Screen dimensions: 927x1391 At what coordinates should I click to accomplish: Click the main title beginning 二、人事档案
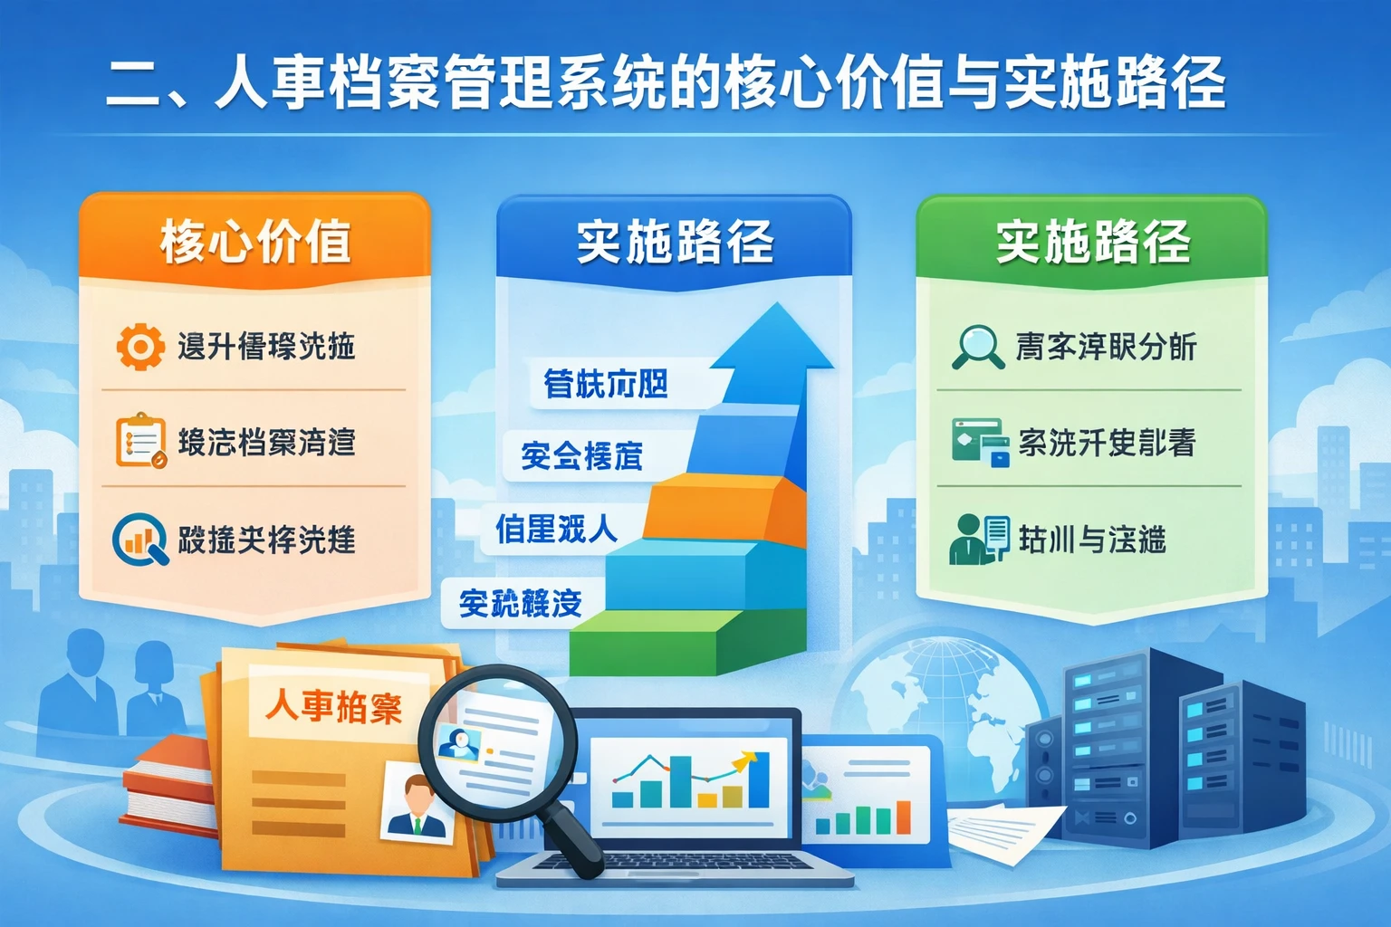pos(666,83)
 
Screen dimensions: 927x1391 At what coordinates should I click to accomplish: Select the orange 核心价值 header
pos(255,242)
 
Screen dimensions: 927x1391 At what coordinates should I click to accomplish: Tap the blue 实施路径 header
pos(675,242)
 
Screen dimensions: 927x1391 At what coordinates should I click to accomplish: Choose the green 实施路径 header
pos(1092,242)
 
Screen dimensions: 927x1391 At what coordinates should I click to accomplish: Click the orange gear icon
pos(139,347)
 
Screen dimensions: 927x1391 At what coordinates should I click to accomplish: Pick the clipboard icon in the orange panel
pos(140,441)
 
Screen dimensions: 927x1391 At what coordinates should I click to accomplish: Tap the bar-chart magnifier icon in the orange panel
pos(139,540)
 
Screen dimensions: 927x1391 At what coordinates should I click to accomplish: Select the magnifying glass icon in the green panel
pos(976,347)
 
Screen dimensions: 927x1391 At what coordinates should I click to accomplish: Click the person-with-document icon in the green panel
pos(978,539)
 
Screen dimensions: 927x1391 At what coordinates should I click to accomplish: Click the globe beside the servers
pos(942,715)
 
